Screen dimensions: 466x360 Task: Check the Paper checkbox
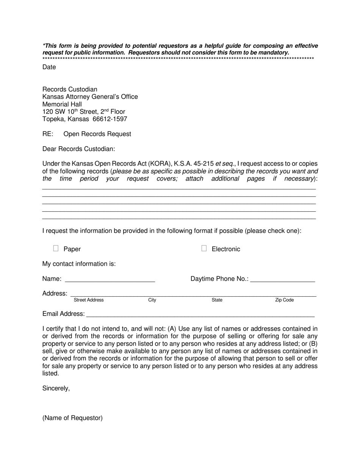pyautogui.click(x=56, y=249)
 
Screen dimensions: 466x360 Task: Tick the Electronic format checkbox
pyautogui.click(x=204, y=249)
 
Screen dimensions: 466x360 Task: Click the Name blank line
pyautogui.click(x=110, y=279)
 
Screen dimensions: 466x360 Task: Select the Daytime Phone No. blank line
pyautogui.click(x=283, y=279)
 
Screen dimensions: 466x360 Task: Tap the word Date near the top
pyautogui.click(x=49, y=67)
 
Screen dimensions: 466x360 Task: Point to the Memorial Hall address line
pyautogui.click(x=62, y=105)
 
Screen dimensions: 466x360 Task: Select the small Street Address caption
pyautogui.click(x=89, y=300)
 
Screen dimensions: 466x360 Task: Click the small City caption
pyautogui.click(x=152, y=300)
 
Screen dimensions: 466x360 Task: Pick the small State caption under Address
pyautogui.click(x=217, y=300)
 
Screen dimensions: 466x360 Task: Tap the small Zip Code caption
pyautogui.click(x=284, y=300)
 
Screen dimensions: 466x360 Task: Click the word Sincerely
pyautogui.click(x=56, y=388)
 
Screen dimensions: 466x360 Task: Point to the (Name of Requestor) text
pyautogui.click(x=72, y=418)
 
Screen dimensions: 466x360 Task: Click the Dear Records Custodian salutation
pyautogui.click(x=79, y=149)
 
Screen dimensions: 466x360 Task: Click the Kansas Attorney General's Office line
pyautogui.click(x=90, y=97)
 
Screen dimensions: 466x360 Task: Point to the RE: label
pyautogui.click(x=48, y=134)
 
